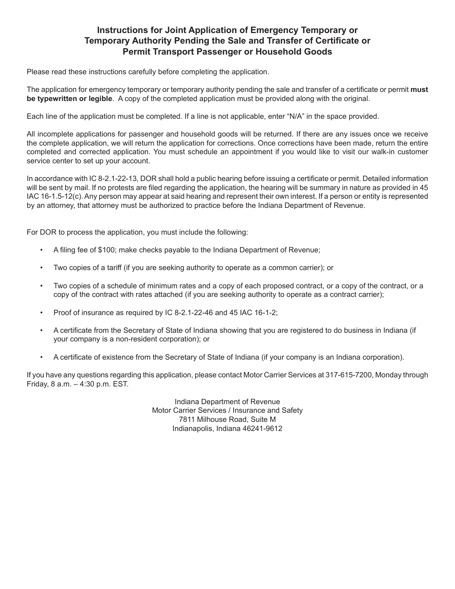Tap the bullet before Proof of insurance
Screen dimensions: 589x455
[42, 313]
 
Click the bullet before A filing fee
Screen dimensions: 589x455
[42, 250]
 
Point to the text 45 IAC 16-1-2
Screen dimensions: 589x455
[253, 313]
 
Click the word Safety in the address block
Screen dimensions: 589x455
[292, 410]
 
